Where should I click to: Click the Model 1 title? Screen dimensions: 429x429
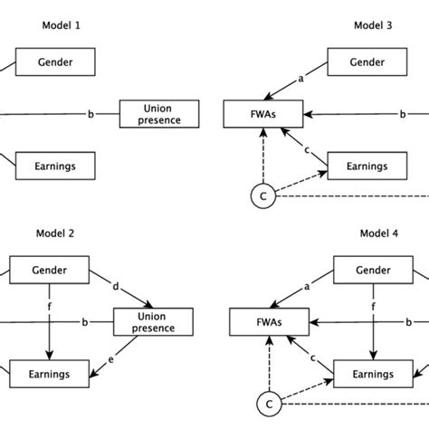pyautogui.click(x=61, y=26)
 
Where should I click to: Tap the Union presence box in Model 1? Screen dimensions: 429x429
pyautogui.click(x=158, y=114)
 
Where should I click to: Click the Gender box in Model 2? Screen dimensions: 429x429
pyautogui.click(x=49, y=270)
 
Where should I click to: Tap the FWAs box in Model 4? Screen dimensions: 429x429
pyautogui.click(x=270, y=321)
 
